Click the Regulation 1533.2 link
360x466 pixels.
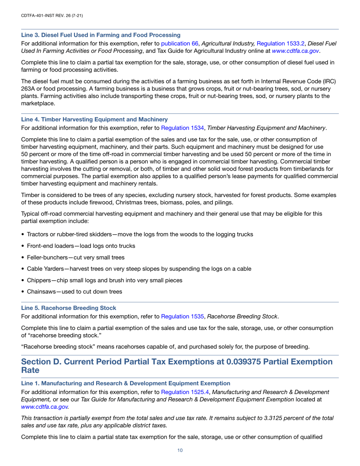tap(275, 43)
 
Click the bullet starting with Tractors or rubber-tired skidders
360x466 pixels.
tap(140, 235)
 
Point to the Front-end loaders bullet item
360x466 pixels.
tap(81, 246)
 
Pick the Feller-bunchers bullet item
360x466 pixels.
tap(75, 258)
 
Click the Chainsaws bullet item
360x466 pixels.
tap(74, 292)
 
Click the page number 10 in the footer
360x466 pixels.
tap(180, 450)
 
